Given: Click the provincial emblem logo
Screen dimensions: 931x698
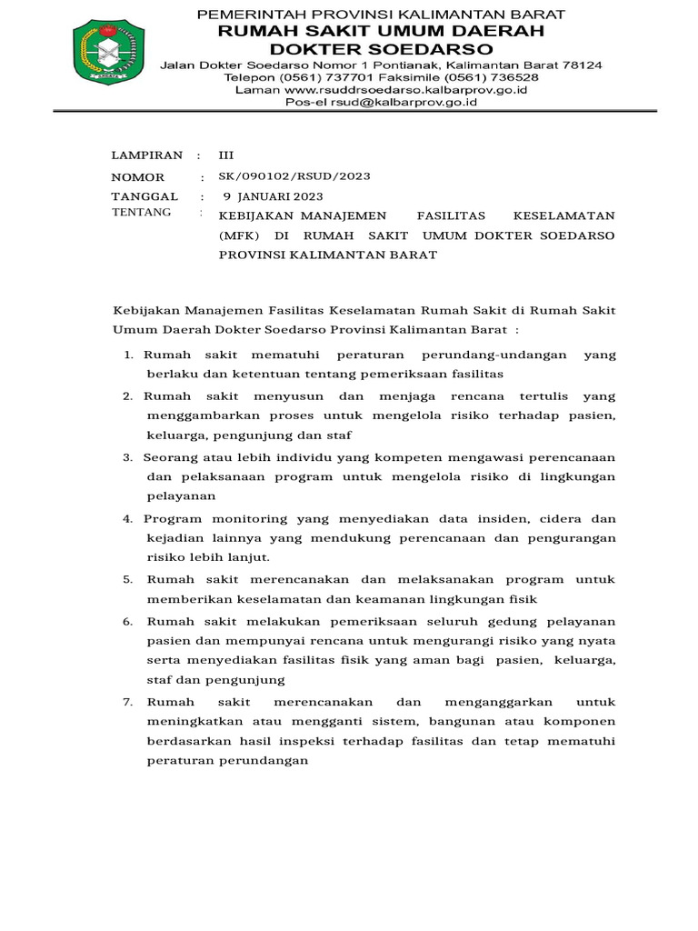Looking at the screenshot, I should click(107, 53).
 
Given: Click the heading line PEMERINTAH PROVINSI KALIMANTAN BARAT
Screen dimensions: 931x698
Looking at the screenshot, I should click(381, 15).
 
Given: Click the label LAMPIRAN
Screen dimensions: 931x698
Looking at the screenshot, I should click(146, 155).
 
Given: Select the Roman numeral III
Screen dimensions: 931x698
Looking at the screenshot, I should click(226, 155).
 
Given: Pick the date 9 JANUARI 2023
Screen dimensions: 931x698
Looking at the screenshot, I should click(273, 196).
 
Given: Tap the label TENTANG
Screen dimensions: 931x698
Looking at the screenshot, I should click(141, 212).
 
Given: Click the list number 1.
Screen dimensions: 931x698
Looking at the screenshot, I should click(130, 354).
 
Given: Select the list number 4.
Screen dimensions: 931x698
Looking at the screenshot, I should click(128, 518).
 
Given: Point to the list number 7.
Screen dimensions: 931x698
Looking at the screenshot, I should click(128, 702).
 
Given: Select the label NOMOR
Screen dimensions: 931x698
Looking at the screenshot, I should click(138, 177).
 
